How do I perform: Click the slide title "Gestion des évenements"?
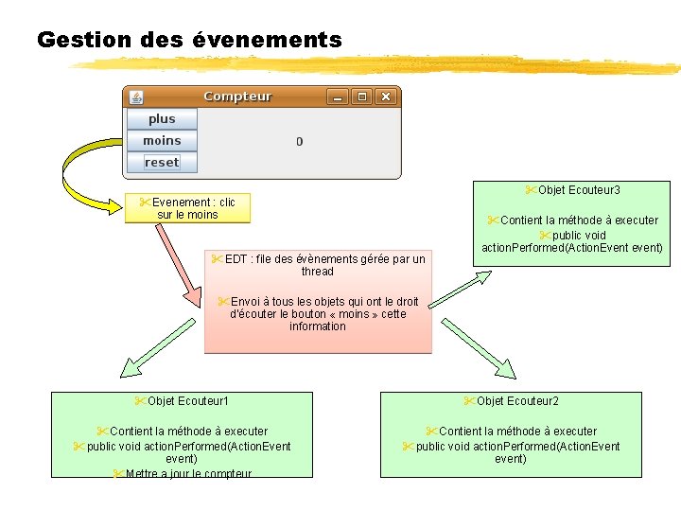coord(189,41)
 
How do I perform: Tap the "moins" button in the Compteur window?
coord(162,141)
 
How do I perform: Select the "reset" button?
coord(162,163)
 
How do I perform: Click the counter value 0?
coord(300,142)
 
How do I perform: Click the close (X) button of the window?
coord(385,97)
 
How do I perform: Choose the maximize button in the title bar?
coord(361,97)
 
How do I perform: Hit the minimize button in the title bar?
coord(338,97)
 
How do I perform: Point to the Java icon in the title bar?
coord(136,97)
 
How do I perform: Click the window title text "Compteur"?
coord(237,97)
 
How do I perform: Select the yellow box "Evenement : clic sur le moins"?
coord(187,208)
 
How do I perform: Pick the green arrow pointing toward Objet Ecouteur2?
coord(478,348)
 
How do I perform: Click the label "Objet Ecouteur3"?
coord(579,190)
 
